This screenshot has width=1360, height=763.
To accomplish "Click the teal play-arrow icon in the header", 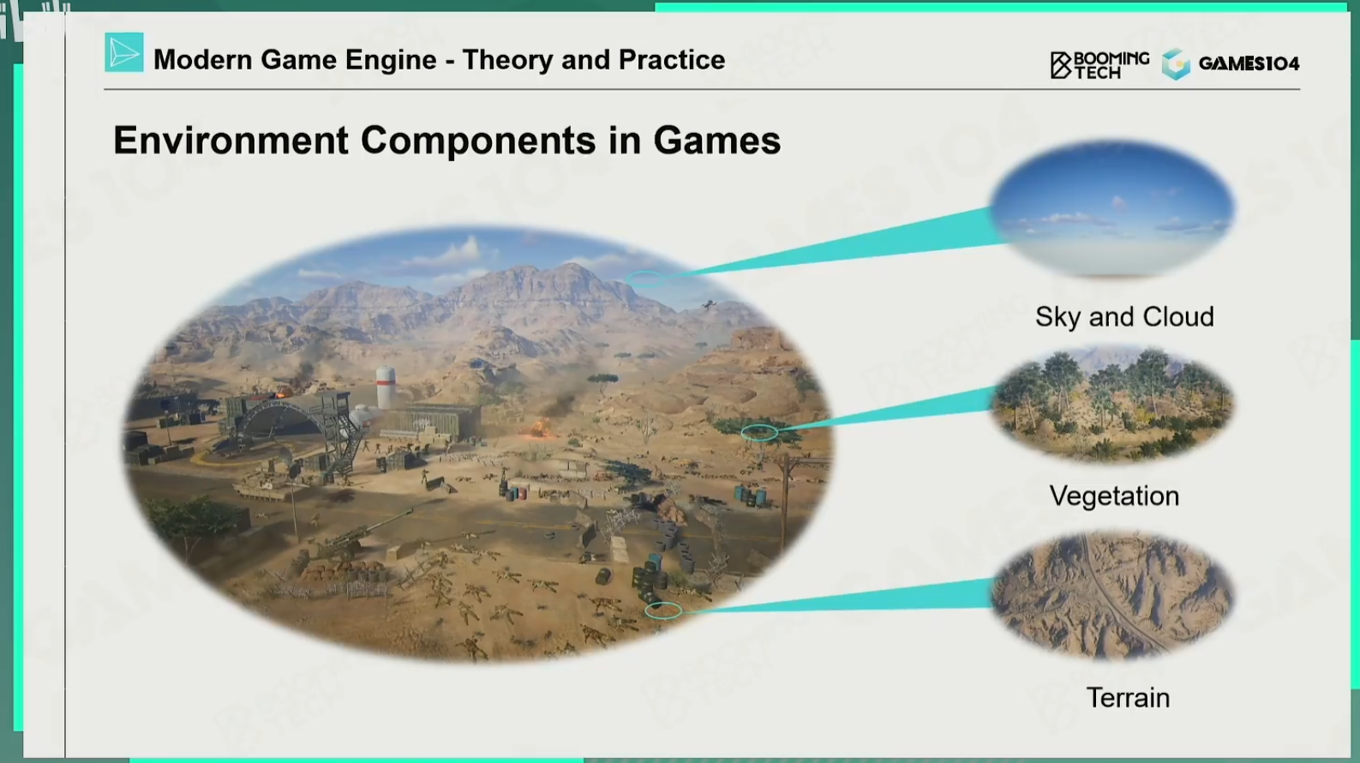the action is [124, 52].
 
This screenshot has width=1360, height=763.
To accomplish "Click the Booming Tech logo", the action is [1099, 65].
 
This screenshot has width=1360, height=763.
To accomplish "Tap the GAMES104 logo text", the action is [1249, 63].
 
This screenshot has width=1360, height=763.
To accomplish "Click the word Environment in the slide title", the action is [231, 140].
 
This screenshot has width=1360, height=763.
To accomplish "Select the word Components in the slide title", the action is [478, 141].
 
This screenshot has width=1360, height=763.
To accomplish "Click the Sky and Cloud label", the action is [1124, 316].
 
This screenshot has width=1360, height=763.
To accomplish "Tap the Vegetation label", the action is [1114, 496].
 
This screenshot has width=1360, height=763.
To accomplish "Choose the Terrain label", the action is [1128, 697].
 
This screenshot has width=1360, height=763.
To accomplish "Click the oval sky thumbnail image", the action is [1113, 209].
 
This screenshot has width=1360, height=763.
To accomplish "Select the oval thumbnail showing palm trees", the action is [1113, 404].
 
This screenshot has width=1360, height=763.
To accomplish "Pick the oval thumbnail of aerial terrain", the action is [1113, 595].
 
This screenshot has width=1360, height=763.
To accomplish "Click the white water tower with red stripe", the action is [386, 387].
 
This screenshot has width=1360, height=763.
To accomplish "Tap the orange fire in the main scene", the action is [538, 428].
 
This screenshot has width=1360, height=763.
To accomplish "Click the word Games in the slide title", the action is [716, 140].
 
